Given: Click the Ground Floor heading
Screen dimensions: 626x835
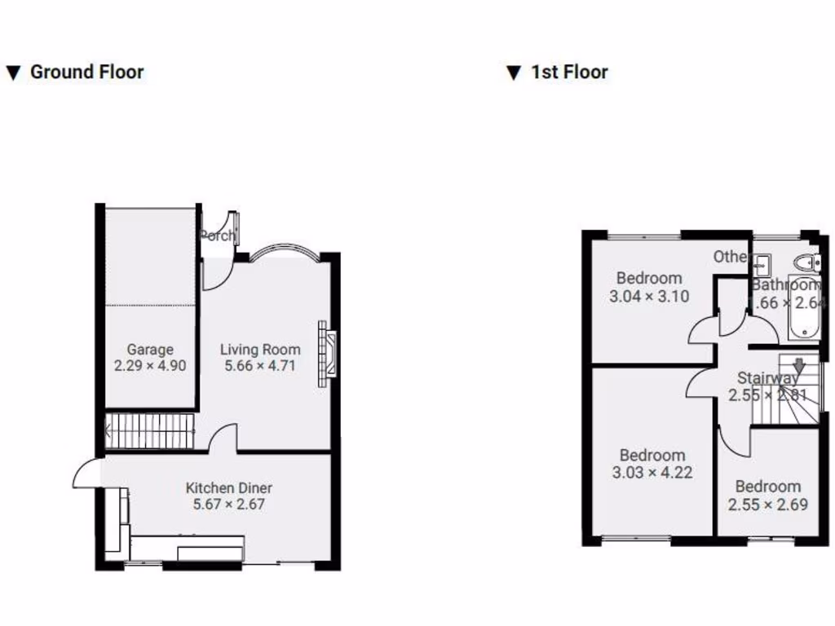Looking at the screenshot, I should [86, 72].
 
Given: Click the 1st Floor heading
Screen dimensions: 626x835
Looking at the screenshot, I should [569, 72].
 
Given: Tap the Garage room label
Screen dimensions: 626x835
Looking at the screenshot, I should [150, 350].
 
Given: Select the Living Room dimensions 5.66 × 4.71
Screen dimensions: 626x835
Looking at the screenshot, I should [260, 366].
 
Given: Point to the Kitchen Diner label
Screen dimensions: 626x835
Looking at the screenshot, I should [229, 488].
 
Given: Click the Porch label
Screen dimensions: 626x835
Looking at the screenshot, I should [217, 236].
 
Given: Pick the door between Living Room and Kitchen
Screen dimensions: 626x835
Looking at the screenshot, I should [223, 440].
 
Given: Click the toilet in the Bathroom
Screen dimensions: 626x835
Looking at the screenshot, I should [808, 262].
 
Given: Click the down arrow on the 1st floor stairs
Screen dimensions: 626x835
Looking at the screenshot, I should [799, 367].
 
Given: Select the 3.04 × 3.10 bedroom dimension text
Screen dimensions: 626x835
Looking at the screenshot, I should [649, 297].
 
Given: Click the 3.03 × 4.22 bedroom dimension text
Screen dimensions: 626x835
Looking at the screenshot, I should [652, 473].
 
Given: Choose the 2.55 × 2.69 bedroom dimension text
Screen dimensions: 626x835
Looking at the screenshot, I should [768, 505].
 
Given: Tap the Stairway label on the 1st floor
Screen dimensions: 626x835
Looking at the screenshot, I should [767, 378].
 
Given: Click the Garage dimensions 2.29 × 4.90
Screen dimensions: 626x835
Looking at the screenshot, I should [150, 366].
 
